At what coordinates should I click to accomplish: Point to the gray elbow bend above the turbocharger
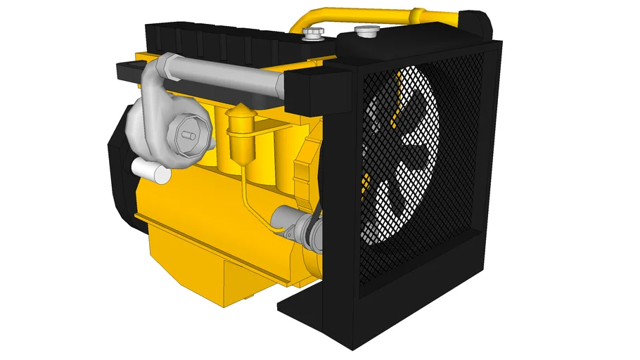(x=156, y=70)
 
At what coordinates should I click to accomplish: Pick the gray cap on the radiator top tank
(x=366, y=31)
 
